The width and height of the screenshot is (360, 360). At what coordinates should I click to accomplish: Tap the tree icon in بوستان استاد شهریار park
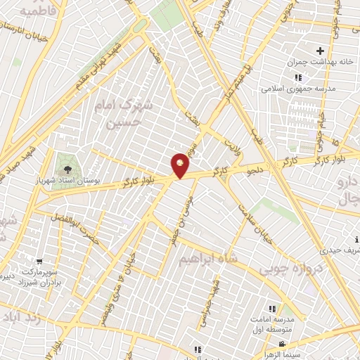coord(67,169)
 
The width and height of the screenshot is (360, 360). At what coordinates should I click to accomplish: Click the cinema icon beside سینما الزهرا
coord(282,345)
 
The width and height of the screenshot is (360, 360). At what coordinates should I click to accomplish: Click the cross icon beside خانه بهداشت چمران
coord(321,51)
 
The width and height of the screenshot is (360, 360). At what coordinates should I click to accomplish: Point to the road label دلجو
coord(253,169)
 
